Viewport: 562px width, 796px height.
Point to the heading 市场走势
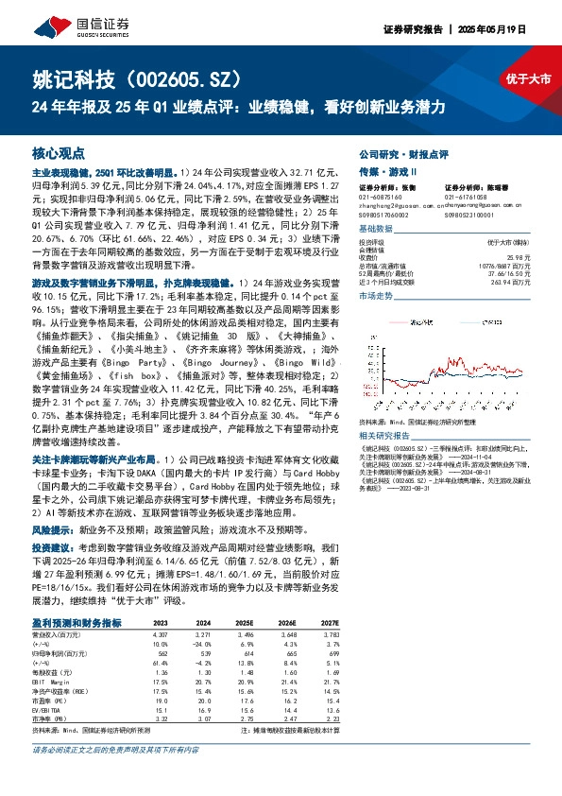click(377, 297)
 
